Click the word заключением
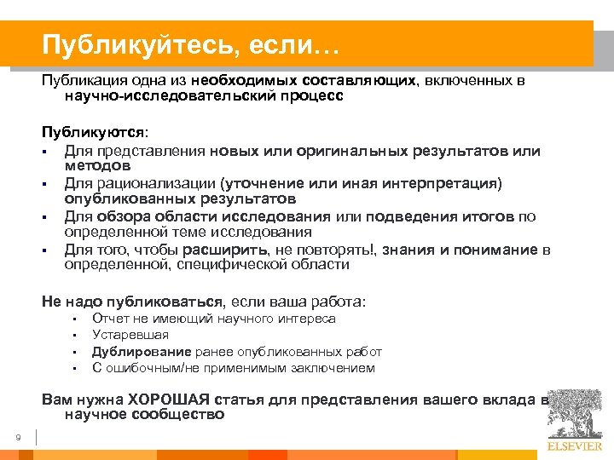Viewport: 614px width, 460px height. [332, 368]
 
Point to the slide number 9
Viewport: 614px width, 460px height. [18, 438]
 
